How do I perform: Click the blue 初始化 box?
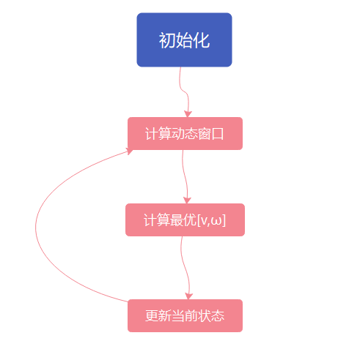[184, 40]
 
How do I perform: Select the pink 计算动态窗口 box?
[185, 134]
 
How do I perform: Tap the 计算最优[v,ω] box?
[185, 220]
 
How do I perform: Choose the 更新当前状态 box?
[185, 316]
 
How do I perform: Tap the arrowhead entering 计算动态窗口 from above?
[188, 113]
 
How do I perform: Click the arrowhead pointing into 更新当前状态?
[188, 295]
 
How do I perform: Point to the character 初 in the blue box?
[167, 40]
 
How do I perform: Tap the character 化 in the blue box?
[202, 40]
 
